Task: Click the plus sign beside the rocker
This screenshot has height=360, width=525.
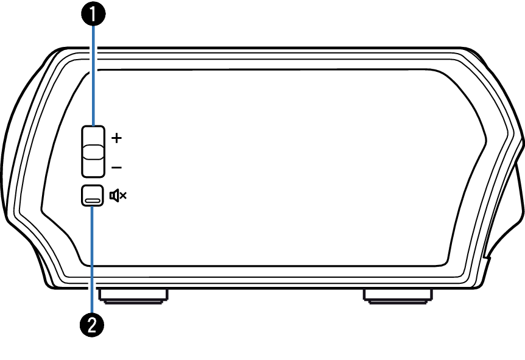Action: (x=117, y=138)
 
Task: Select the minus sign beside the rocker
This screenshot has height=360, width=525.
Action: (x=117, y=167)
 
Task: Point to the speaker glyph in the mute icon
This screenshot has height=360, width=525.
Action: (x=114, y=196)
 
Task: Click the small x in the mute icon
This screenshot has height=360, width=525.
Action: (x=123, y=196)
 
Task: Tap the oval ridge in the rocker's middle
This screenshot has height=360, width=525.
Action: (x=93, y=151)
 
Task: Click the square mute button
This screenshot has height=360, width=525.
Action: (x=92, y=195)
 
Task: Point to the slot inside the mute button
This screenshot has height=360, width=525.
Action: (x=93, y=200)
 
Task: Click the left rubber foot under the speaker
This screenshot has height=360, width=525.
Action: (x=133, y=296)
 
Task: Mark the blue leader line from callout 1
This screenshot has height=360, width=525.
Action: (x=93, y=73)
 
